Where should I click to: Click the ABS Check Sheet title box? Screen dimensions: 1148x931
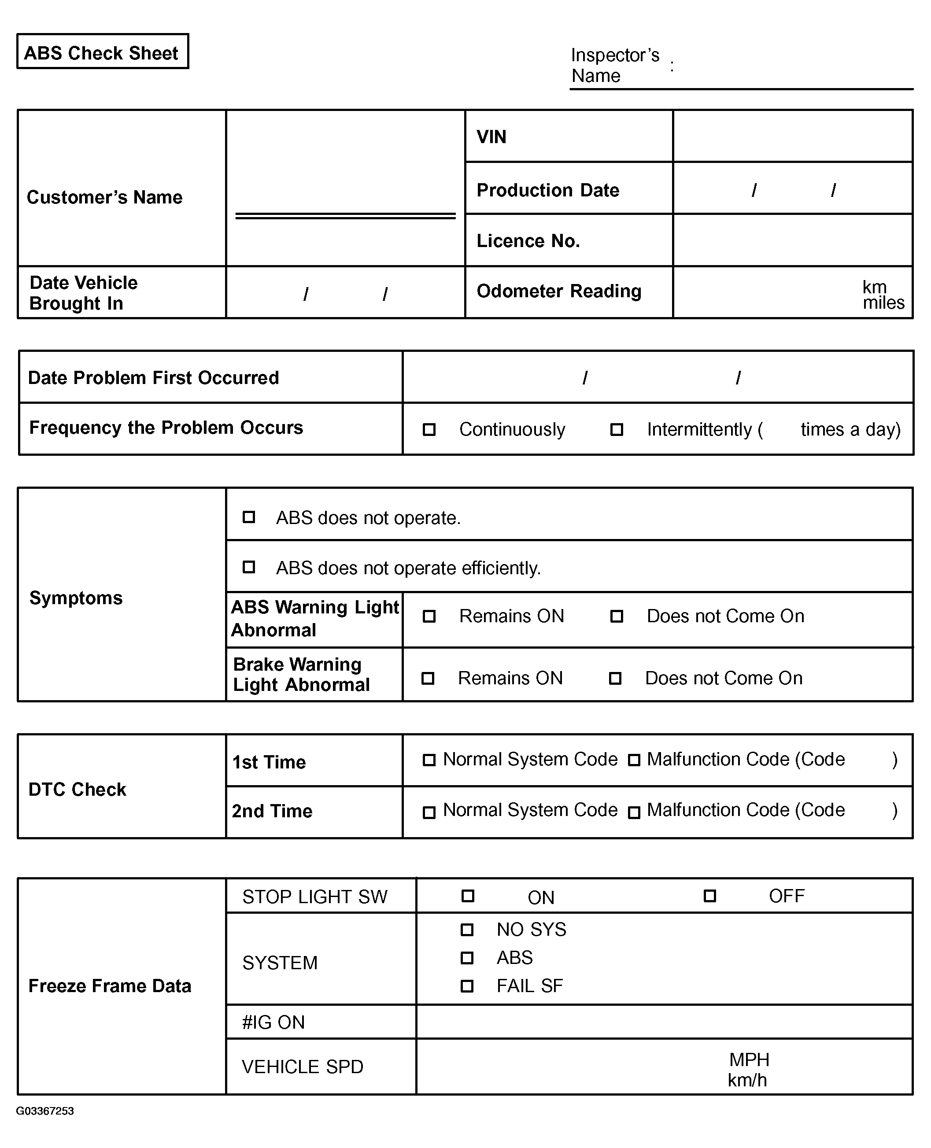[x=103, y=52]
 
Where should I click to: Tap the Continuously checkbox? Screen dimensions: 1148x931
[x=429, y=429]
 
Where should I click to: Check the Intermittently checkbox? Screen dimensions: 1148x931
[x=617, y=429]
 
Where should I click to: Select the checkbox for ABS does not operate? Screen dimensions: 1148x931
[x=249, y=517]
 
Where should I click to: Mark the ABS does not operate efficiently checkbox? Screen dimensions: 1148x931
[x=249, y=567]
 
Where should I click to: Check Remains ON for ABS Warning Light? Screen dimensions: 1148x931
[x=429, y=616]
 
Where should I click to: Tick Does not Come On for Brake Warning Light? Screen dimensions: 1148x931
[x=615, y=678]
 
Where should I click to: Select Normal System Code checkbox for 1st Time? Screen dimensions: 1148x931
[x=429, y=760]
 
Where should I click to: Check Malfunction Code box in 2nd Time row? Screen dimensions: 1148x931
[x=634, y=812]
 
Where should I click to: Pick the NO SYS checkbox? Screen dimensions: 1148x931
[x=467, y=930]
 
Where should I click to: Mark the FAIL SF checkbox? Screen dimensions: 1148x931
[x=467, y=986]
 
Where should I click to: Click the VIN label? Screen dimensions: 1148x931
[x=491, y=137]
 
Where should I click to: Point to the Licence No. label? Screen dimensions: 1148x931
[x=528, y=241]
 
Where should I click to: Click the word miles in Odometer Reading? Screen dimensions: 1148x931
[x=883, y=303]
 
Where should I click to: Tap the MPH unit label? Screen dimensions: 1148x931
[x=749, y=1059]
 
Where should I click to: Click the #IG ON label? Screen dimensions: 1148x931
[x=273, y=1022]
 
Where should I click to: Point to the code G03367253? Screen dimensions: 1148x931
[x=45, y=1111]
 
